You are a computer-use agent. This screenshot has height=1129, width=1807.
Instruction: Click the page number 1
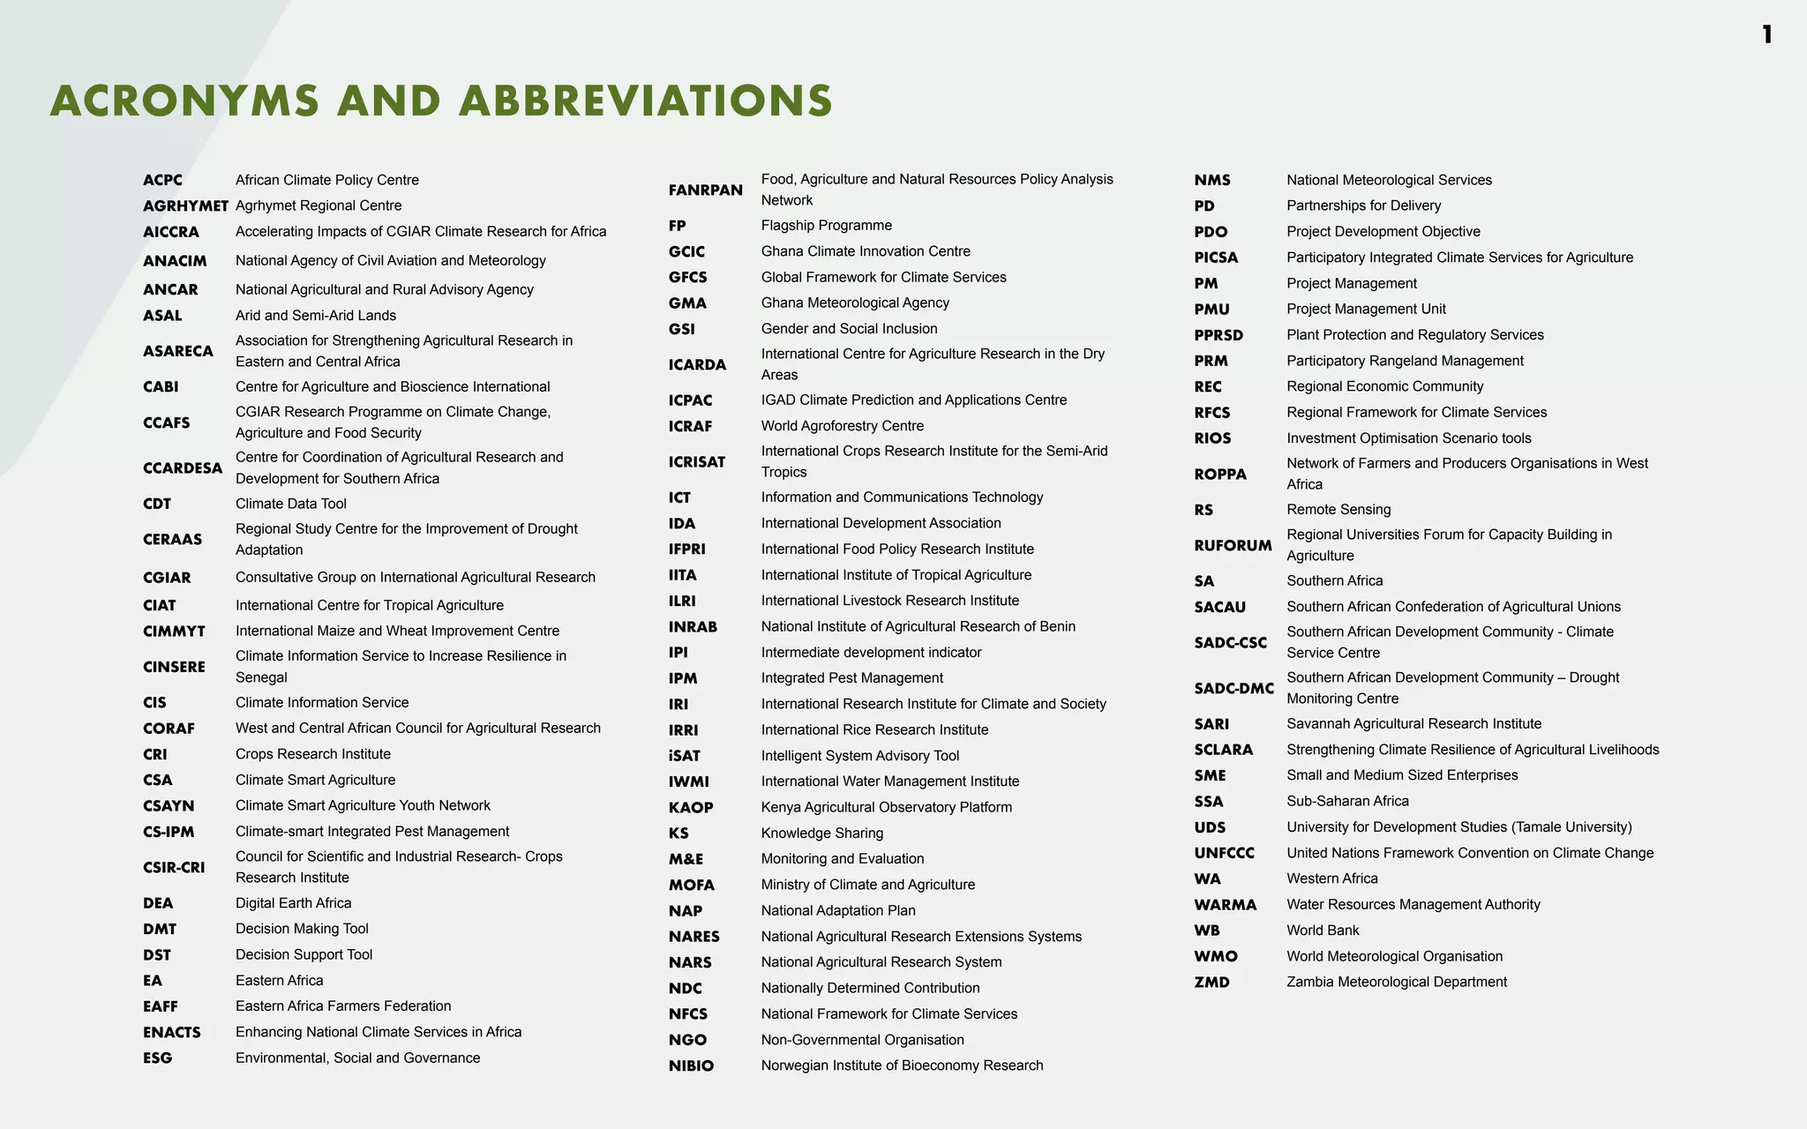[x=1766, y=35]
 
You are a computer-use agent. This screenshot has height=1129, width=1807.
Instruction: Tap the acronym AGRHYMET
[x=185, y=206]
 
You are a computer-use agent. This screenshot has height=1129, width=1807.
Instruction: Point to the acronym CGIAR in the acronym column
[x=167, y=578]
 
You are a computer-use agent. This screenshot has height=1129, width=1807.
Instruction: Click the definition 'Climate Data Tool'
[x=290, y=504]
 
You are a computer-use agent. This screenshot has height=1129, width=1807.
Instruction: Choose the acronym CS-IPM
[x=169, y=832]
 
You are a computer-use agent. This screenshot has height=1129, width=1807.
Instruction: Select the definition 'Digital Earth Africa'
[x=293, y=903]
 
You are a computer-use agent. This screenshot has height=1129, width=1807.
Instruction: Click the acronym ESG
[x=157, y=1058]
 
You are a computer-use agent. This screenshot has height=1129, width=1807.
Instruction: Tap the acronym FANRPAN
[x=705, y=191]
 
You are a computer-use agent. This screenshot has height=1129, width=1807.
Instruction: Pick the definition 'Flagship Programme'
[x=826, y=226]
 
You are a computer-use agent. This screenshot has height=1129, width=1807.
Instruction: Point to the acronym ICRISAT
[x=696, y=462]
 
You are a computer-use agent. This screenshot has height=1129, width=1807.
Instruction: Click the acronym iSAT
[x=684, y=756]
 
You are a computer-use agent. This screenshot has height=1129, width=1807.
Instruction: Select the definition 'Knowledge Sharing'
[x=821, y=834]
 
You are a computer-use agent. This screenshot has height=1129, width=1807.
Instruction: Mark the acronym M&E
[x=686, y=859]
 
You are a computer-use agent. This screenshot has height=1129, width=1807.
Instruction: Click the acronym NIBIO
[x=691, y=1066]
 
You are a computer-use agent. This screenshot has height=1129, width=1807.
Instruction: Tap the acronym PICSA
[x=1216, y=258]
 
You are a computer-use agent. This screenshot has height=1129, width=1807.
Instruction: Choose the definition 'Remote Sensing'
[x=1338, y=510]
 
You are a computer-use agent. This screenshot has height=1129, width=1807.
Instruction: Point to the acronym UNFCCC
[x=1224, y=853]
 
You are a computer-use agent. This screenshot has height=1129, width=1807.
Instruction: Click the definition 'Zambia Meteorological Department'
[x=1396, y=983]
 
